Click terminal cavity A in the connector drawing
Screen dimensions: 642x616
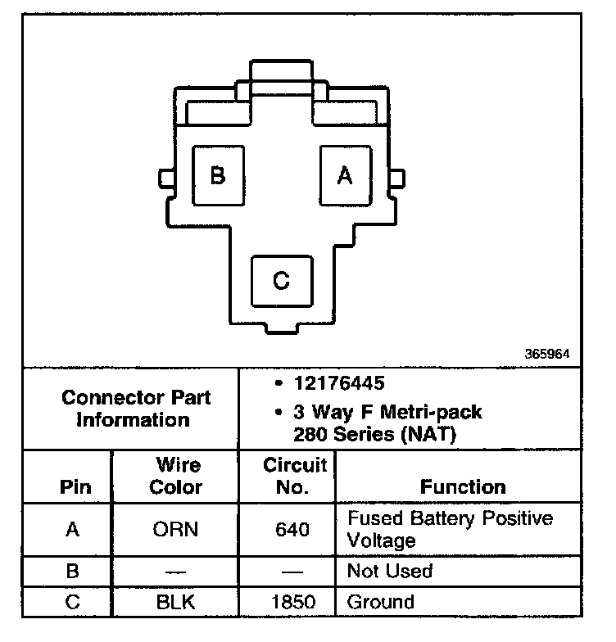pos(344,176)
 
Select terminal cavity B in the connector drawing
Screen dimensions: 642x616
pos(217,176)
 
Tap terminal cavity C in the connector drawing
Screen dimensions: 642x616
pos(281,281)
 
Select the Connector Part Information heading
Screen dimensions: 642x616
pos(136,409)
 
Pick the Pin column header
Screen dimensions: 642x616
pos(75,487)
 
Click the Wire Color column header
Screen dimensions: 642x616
pos(177,477)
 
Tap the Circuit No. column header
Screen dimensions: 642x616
pos(294,477)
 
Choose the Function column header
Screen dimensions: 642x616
pos(463,487)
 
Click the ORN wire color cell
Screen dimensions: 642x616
pos(175,530)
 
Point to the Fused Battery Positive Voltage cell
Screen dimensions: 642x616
pos(450,529)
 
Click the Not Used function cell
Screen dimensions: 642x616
pos(389,571)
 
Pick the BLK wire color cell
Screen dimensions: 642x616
pos(177,603)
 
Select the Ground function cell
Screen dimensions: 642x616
pos(381,603)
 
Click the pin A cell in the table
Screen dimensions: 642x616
pos(73,530)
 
